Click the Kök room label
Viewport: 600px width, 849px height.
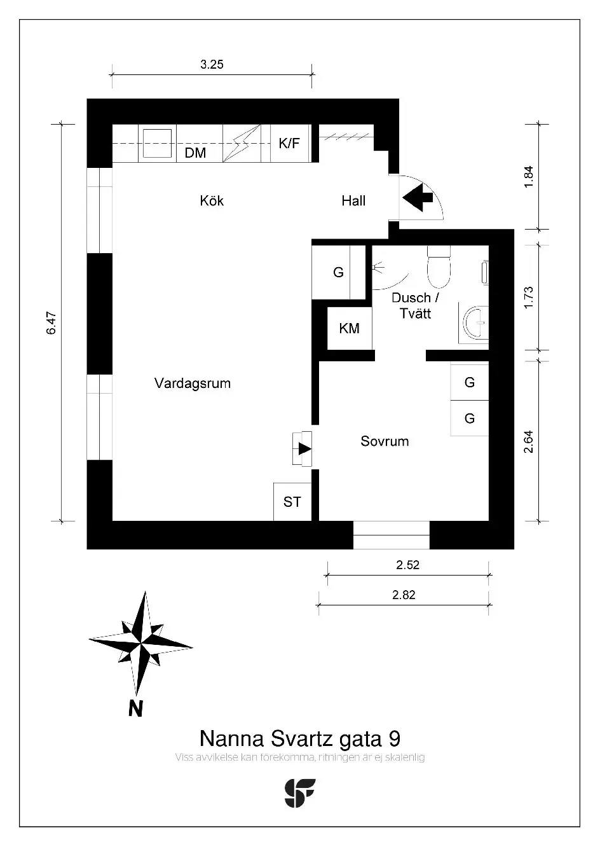coord(212,200)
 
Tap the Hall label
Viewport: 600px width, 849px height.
coord(353,200)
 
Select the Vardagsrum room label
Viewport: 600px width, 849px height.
coord(193,383)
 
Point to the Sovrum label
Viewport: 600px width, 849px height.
coord(385,441)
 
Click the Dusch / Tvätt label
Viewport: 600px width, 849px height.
coord(415,306)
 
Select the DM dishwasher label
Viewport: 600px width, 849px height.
coord(196,153)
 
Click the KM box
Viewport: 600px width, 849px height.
coord(349,328)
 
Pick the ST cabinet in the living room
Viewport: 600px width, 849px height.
coord(292,501)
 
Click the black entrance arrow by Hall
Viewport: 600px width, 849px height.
coord(418,197)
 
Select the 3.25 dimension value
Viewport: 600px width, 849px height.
coord(212,64)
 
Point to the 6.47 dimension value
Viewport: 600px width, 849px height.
coord(51,323)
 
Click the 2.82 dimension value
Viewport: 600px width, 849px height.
coord(404,595)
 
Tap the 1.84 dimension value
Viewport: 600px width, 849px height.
coord(529,177)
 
